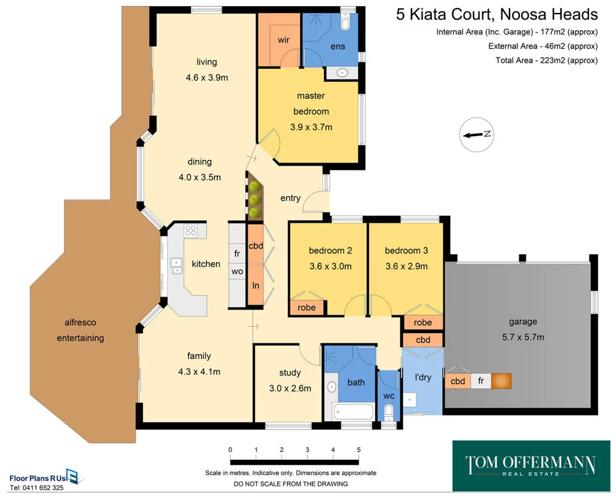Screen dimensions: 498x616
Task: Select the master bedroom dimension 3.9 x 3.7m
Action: [311, 127]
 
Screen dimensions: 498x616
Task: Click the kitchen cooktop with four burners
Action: [190, 232]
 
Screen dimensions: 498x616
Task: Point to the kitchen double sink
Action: [177, 265]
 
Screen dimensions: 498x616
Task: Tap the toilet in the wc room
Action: [389, 412]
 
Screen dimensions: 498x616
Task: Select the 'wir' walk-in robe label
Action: [283, 40]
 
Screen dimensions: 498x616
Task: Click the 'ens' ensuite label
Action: [338, 46]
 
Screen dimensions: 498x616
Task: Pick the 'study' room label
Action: [290, 372]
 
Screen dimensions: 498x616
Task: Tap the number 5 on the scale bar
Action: [359, 450]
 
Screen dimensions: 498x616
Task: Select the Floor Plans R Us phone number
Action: [36, 488]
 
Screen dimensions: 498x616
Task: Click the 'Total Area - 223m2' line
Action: [546, 60]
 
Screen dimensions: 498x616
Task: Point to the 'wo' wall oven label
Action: [237, 271]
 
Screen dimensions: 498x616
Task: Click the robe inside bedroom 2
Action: [306, 308]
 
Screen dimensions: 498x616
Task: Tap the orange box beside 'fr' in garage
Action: [501, 381]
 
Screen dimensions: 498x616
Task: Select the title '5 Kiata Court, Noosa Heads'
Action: [496, 15]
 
